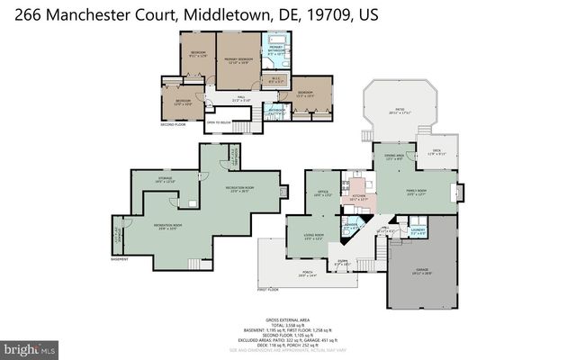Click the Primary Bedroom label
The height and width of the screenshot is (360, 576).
tap(237, 61)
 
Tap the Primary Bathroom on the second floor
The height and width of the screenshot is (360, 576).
tap(275, 50)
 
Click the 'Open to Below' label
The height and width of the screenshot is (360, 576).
tap(220, 121)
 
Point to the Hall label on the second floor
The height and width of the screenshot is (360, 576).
tap(241, 98)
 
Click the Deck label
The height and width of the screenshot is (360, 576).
tap(436, 152)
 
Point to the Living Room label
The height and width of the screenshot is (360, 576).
tap(313, 237)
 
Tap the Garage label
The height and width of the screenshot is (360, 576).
tap(423, 270)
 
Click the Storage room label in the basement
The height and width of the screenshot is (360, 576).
tap(164, 180)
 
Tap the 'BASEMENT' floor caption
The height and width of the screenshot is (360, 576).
tap(119, 259)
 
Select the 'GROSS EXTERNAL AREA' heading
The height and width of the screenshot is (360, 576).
tap(287, 320)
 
